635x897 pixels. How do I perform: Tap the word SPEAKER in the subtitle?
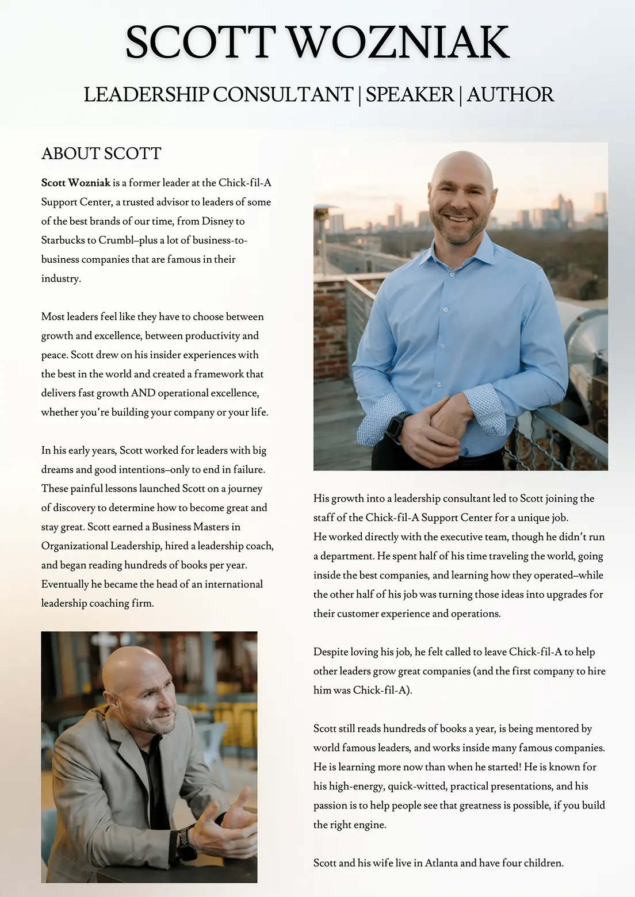[410, 94]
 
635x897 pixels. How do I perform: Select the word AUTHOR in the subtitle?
[510, 94]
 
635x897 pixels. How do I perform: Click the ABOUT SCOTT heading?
[101, 154]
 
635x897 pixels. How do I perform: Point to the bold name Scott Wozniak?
[75, 183]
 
